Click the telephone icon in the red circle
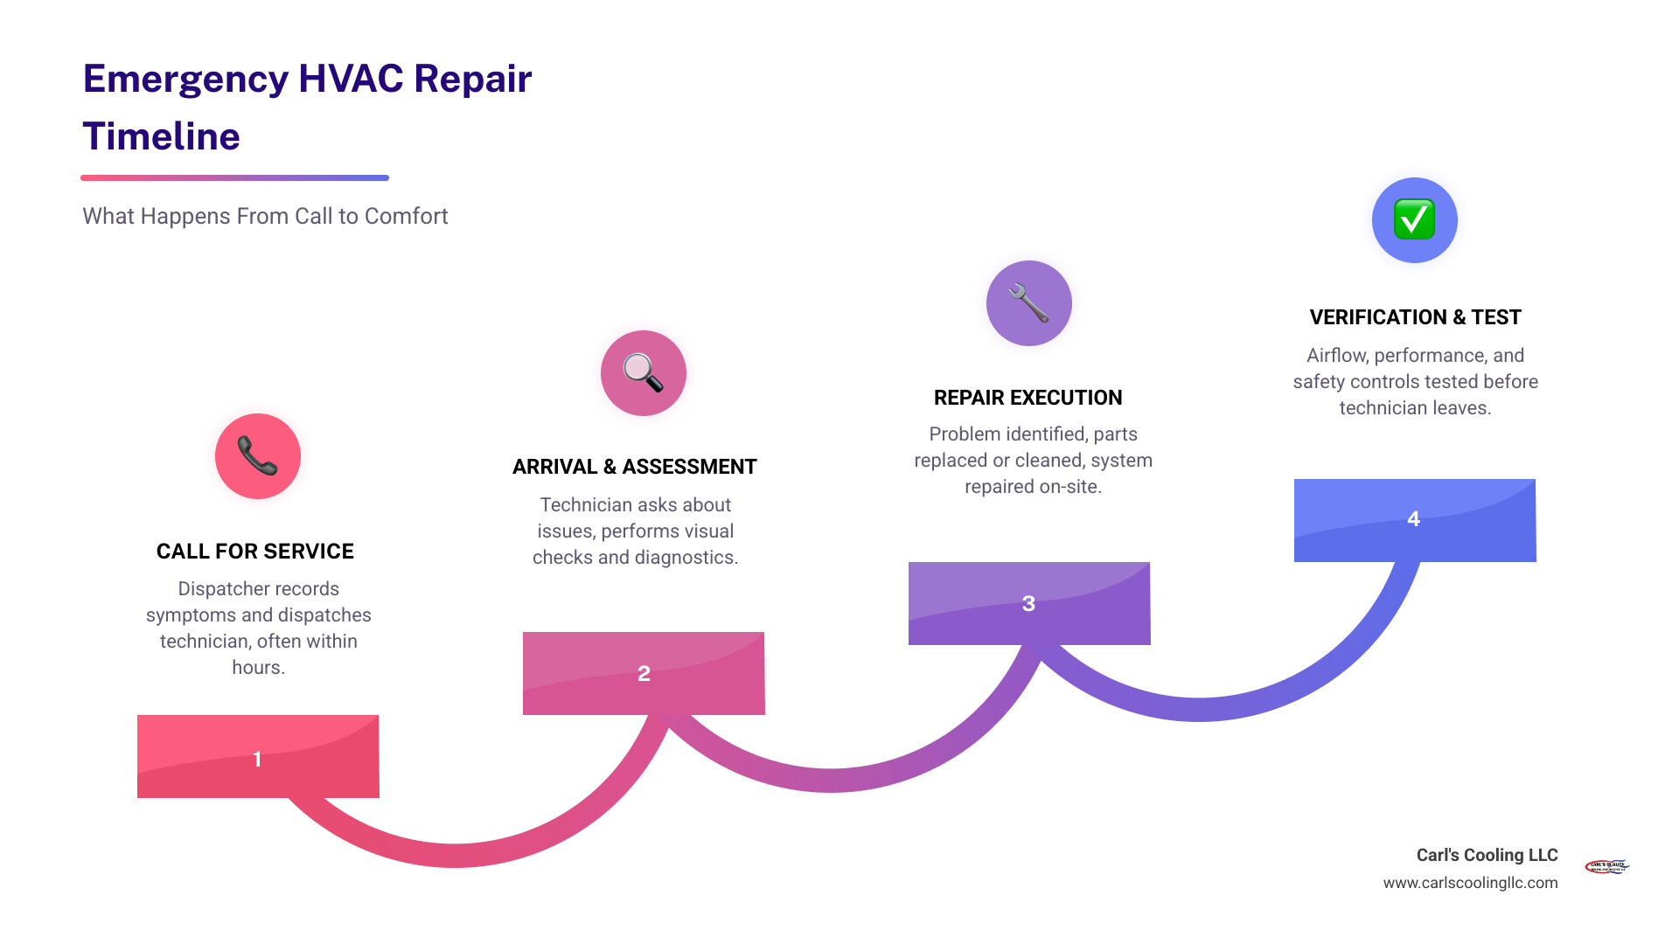[257, 456]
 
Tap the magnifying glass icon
[643, 373]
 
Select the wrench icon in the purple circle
[1028, 303]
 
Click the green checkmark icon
[1414, 219]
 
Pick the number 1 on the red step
[257, 759]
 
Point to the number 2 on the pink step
[644, 674]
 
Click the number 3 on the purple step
[1028, 604]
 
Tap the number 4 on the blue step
[1413, 519]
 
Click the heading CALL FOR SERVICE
[254, 552]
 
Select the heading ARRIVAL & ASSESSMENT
[634, 467]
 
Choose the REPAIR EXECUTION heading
[1028, 398]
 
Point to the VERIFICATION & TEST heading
[1415, 317]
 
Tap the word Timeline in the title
[161, 137]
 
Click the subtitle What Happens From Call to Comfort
[265, 216]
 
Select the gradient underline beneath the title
[234, 177]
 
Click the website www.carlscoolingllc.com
[1470, 883]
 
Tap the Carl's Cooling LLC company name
[1487, 855]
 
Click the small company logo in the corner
[1606, 866]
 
